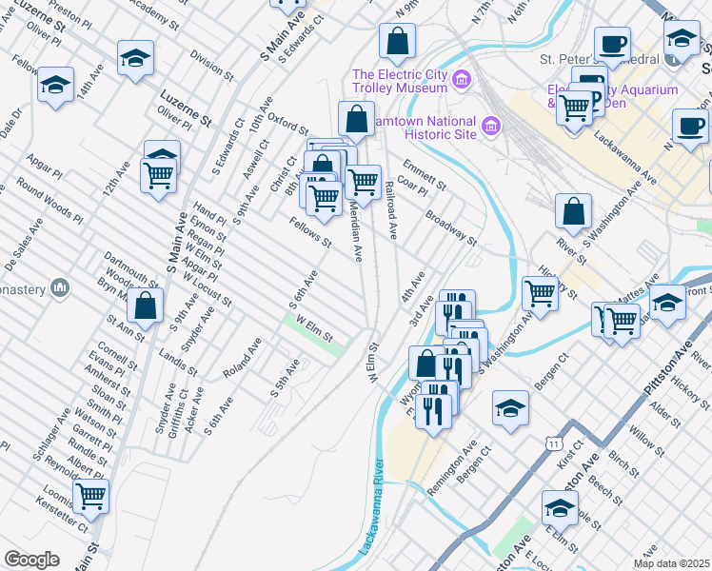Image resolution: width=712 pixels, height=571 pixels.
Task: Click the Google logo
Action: coord(31,560)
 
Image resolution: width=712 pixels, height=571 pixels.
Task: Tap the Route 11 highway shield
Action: coord(553,443)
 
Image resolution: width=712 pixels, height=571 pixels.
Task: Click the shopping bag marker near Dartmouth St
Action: coord(146,306)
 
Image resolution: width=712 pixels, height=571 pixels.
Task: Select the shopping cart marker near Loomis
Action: coord(91,495)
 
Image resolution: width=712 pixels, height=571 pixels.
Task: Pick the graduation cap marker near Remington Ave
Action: coord(511,409)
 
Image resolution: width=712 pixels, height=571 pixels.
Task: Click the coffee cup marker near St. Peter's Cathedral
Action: coord(612,44)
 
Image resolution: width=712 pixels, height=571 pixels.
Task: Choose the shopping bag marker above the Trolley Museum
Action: coord(396,42)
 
